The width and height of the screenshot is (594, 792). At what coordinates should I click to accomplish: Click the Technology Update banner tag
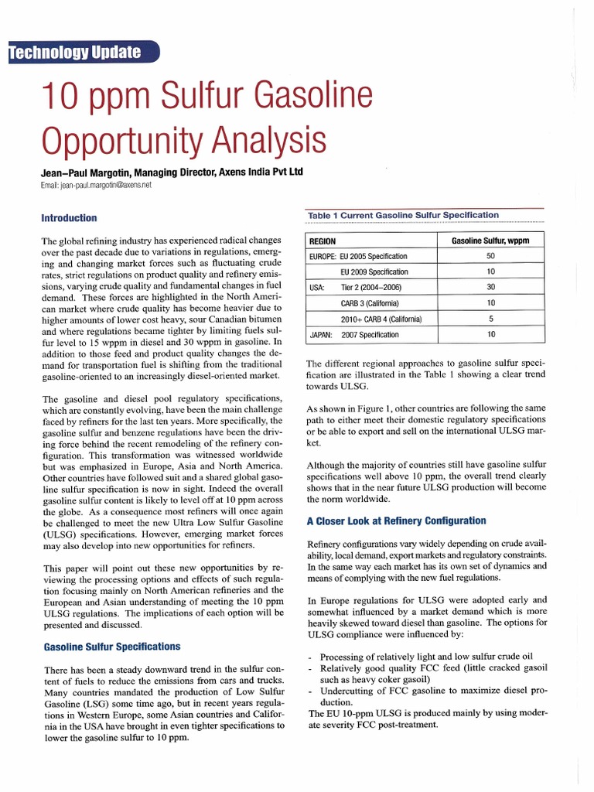click(77, 53)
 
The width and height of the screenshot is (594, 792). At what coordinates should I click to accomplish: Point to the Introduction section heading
click(70, 218)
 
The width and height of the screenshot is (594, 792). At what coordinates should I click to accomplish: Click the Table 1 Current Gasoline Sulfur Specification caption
click(403, 215)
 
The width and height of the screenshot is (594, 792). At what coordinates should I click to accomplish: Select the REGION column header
click(323, 241)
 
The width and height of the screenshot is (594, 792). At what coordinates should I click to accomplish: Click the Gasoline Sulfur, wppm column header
click(490, 241)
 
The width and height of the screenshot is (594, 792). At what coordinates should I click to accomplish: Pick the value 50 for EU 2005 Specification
click(490, 256)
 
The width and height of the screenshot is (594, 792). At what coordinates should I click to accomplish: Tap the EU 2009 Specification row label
click(374, 272)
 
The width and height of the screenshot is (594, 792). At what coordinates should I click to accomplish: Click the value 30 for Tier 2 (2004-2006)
click(490, 287)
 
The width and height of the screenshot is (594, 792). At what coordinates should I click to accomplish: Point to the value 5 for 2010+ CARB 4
click(490, 319)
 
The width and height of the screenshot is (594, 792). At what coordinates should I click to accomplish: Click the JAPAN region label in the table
click(321, 335)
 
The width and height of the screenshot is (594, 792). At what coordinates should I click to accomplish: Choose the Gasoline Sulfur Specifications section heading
click(112, 646)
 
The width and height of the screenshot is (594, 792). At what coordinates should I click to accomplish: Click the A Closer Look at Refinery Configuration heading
click(396, 521)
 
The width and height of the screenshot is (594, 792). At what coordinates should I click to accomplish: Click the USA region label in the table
click(316, 288)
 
